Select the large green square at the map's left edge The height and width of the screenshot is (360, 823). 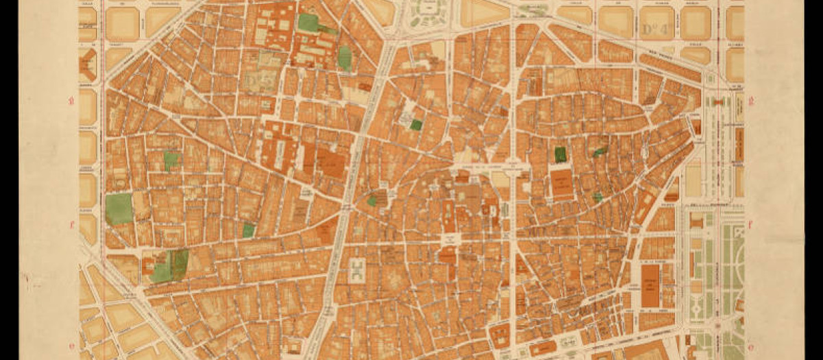tap(119, 208)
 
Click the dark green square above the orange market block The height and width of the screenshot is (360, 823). tap(560, 154)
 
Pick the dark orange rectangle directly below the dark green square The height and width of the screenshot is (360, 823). tap(562, 184)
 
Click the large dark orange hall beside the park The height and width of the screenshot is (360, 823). tap(650, 286)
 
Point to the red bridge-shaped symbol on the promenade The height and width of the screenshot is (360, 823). tap(719, 101)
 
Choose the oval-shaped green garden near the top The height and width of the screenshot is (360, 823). tap(344, 58)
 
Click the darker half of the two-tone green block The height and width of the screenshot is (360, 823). tap(180, 264)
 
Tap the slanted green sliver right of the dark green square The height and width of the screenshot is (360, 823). tap(600, 151)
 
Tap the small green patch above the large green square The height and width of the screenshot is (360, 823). tap(171, 160)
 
